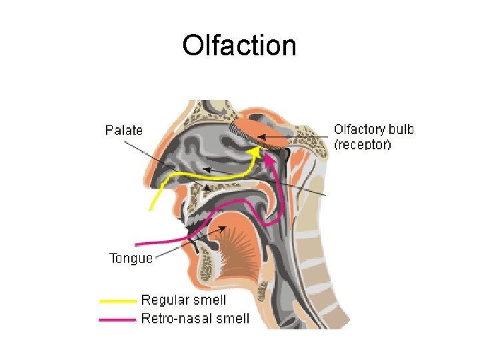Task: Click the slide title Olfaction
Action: [239, 46]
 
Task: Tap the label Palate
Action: [124, 130]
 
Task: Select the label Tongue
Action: [131, 258]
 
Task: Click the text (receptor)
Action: [362, 144]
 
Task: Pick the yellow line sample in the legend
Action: [117, 301]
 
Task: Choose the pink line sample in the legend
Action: [117, 319]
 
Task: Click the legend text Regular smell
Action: [183, 301]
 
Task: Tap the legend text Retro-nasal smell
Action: [195, 319]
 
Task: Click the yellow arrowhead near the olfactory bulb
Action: [254, 151]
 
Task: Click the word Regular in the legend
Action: [162, 301]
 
